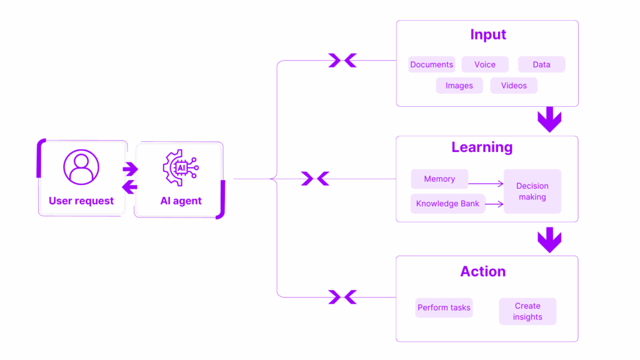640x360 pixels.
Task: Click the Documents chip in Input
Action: (x=431, y=64)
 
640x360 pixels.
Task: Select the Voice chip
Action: (x=484, y=64)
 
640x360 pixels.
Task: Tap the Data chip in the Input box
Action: (x=541, y=64)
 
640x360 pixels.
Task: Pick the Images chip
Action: (x=459, y=86)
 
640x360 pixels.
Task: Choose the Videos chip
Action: (x=514, y=86)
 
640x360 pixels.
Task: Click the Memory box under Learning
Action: (x=439, y=179)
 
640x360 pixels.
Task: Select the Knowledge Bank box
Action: (x=447, y=204)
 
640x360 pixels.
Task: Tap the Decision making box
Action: (x=532, y=191)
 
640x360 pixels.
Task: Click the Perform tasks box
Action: (x=444, y=307)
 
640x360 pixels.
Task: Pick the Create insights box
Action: (x=527, y=311)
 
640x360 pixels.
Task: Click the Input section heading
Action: (x=487, y=34)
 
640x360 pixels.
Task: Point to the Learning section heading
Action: (x=482, y=147)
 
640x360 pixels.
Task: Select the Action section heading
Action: (x=483, y=272)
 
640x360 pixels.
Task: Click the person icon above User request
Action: (x=81, y=167)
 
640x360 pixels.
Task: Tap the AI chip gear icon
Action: (x=180, y=167)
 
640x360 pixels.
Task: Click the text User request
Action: (x=81, y=201)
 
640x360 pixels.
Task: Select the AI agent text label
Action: (x=181, y=201)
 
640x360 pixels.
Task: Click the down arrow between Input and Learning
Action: (x=550, y=119)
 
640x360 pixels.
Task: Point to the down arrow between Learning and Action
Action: (x=550, y=239)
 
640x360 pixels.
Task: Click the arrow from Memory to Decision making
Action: (x=487, y=184)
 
